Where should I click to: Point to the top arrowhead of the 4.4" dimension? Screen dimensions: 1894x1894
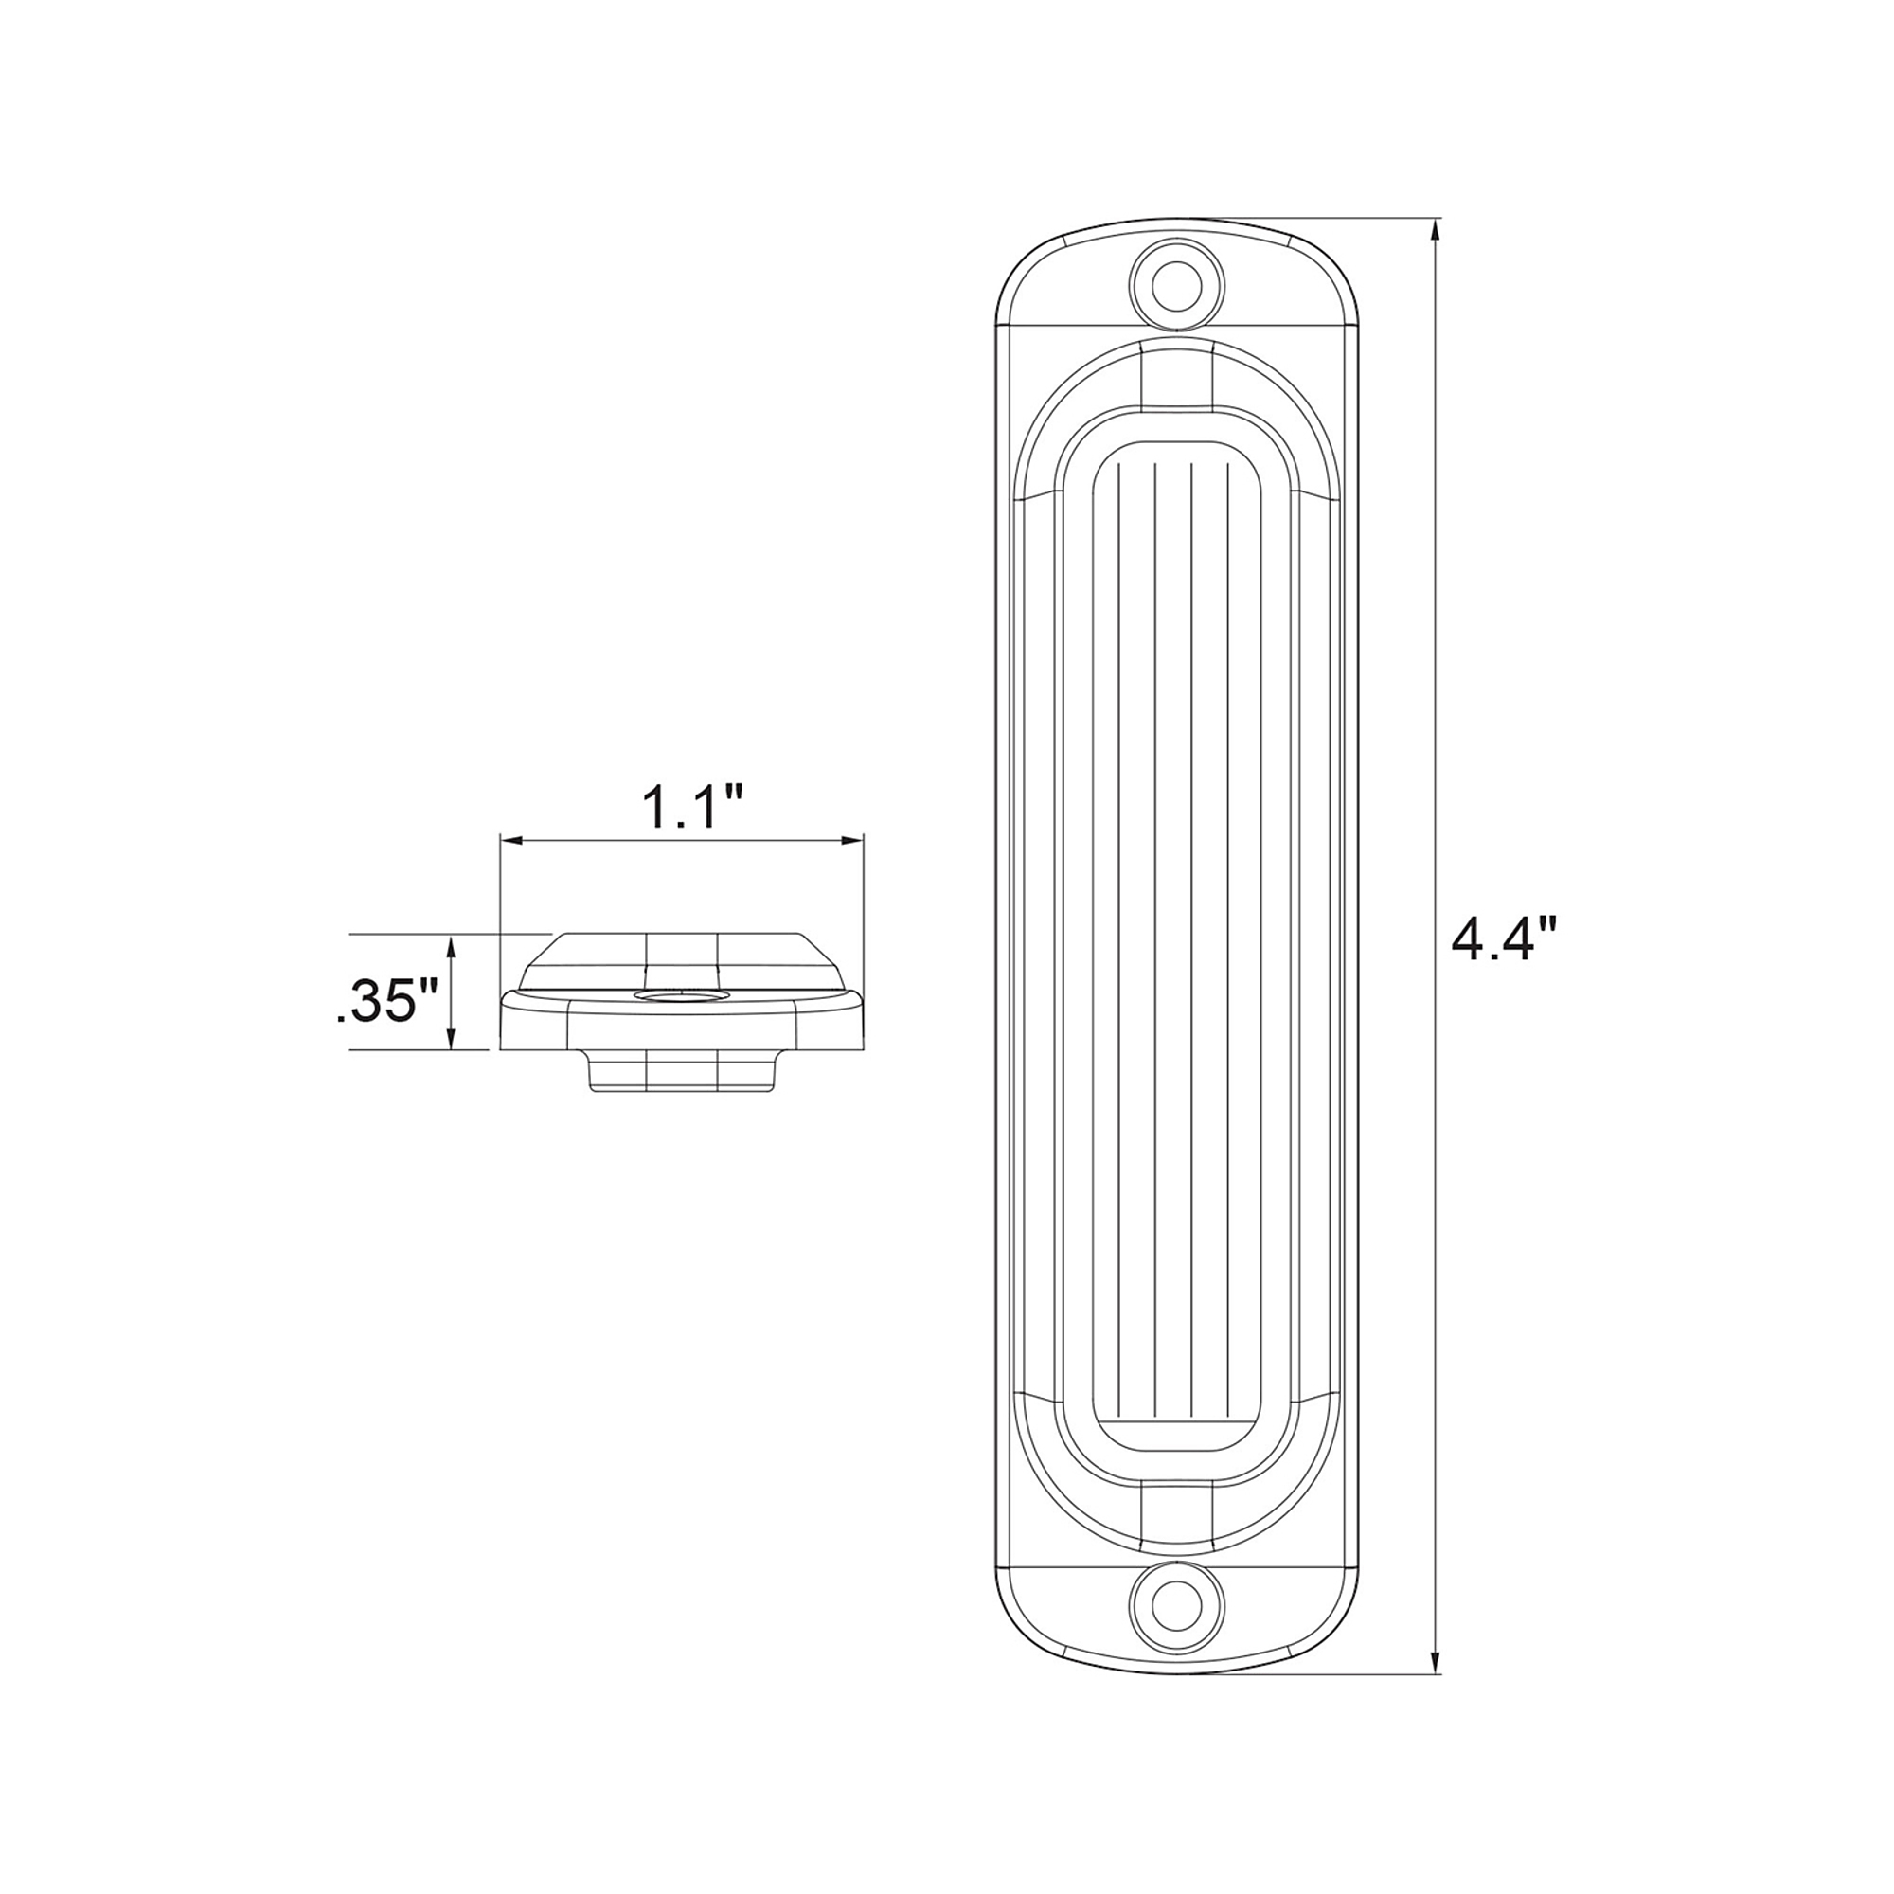pyautogui.click(x=1437, y=230)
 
